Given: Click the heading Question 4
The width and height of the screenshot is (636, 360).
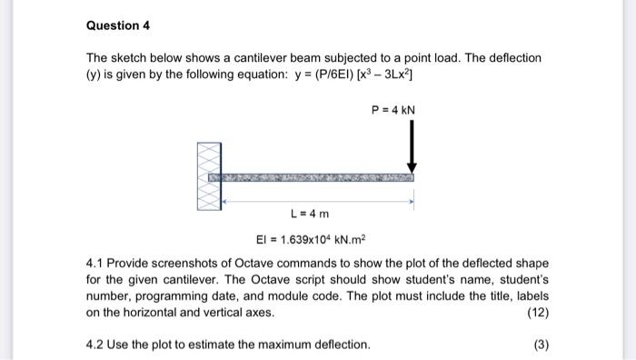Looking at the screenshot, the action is click(112, 25).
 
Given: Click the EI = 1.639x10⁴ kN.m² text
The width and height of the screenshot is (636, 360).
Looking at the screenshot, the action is click(309, 238).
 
